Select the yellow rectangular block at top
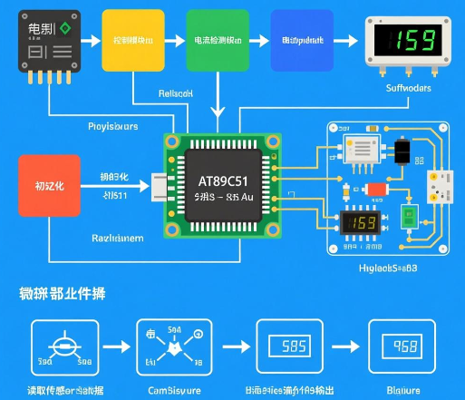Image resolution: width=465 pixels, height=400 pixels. (134, 41)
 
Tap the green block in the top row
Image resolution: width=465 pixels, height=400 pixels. (217, 41)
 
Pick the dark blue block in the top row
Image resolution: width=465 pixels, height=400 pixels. (302, 41)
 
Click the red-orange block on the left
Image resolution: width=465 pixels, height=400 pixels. (49, 185)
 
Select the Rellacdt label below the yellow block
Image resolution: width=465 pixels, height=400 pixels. (176, 94)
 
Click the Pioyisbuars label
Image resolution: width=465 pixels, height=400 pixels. (112, 126)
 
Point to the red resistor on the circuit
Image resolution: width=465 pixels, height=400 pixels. (375, 189)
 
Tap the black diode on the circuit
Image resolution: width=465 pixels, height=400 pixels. (402, 150)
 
